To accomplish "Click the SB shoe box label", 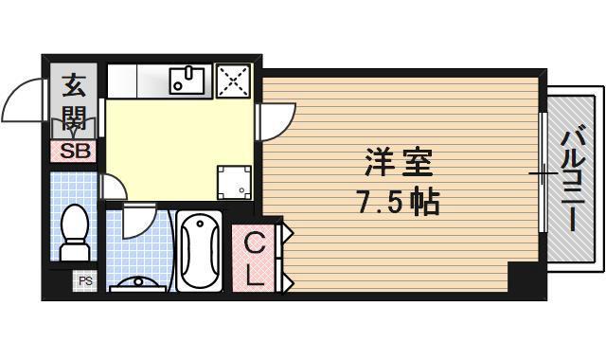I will pyautogui.click(x=71, y=150).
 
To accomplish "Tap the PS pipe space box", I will pyautogui.click(x=85, y=280).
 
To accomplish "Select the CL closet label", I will pyautogui.click(x=255, y=258).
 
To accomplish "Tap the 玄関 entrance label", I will pyautogui.click(x=73, y=105).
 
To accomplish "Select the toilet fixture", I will pyautogui.click(x=73, y=232).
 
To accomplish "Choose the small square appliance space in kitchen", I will pyautogui.click(x=233, y=182).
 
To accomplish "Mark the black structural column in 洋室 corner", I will pyautogui.click(x=522, y=278).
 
